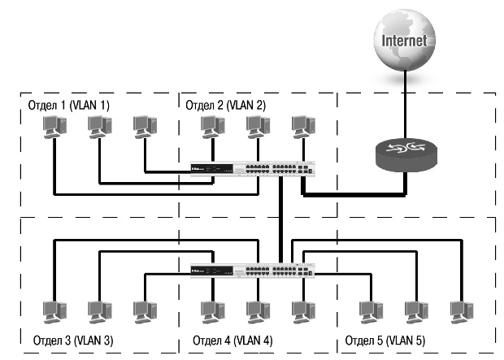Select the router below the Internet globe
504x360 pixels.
tap(404, 154)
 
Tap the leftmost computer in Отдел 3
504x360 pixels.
tap(54, 312)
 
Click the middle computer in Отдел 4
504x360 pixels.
tap(258, 312)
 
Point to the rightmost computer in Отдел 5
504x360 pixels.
tap(461, 312)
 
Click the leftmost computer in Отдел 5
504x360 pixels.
tap(371, 312)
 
